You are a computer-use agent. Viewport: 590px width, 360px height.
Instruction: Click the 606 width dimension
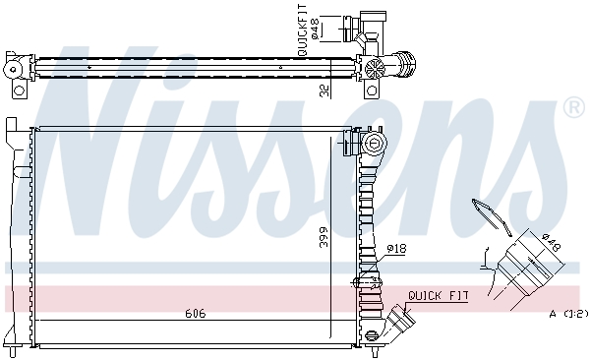(x=195, y=314)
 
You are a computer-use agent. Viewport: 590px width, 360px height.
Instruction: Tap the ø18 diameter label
(x=395, y=249)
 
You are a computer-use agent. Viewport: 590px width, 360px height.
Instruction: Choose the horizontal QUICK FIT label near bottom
(x=439, y=294)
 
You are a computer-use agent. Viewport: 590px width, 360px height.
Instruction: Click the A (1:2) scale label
(x=567, y=314)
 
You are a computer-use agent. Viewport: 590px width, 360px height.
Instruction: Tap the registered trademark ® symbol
(x=572, y=106)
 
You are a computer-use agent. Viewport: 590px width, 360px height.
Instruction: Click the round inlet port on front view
(x=374, y=145)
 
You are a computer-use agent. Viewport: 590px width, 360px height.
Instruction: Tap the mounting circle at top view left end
(x=13, y=69)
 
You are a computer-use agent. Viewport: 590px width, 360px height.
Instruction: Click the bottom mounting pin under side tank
(x=374, y=348)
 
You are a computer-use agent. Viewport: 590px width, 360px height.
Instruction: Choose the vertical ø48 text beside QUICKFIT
(x=316, y=27)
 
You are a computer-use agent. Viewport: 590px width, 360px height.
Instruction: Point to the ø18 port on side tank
(x=368, y=284)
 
